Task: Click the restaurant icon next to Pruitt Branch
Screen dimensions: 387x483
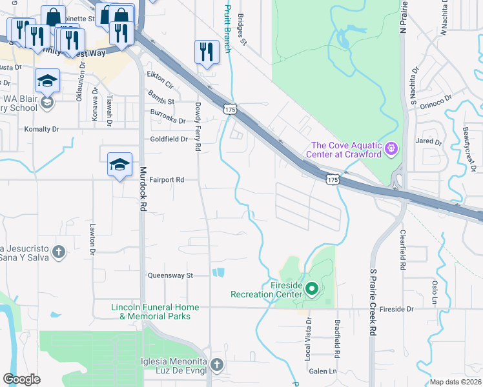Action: [x=207, y=52]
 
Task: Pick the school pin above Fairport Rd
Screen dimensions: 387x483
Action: [x=119, y=164]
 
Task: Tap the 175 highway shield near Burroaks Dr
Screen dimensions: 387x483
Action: [x=231, y=110]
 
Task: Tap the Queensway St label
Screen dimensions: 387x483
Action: [x=171, y=275]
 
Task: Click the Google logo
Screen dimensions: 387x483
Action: [x=21, y=379]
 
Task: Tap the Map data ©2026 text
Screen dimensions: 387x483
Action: [x=456, y=382]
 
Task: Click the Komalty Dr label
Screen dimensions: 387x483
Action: [x=41, y=129]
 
